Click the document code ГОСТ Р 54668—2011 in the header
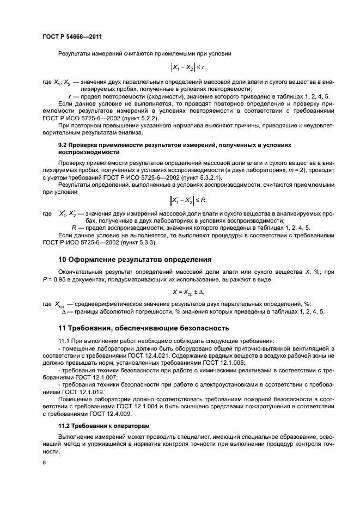[x=72, y=36]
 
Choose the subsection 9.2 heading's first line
[x=175, y=145]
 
